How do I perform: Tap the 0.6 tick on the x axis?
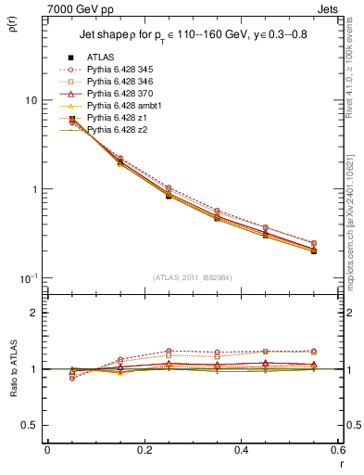(337, 451)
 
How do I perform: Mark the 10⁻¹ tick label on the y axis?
(28, 278)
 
